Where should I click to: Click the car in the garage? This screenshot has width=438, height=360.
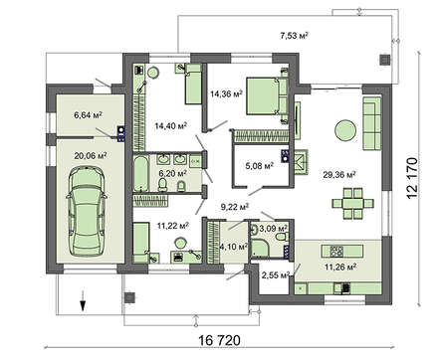[88, 211]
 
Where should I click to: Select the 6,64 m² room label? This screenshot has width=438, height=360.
[88, 115]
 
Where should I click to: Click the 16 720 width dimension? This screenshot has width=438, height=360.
[219, 340]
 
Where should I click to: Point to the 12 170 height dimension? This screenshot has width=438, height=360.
[412, 178]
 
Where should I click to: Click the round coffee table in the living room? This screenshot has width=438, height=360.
[345, 130]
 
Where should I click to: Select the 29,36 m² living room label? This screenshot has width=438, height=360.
[339, 174]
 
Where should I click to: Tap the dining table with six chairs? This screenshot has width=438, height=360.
[352, 203]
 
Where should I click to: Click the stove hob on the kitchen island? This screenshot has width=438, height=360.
[336, 251]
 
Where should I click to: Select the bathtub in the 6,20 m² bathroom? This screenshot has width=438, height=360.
[140, 173]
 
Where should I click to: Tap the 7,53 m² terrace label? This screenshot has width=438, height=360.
[295, 36]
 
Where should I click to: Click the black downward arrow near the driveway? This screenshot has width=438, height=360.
[83, 300]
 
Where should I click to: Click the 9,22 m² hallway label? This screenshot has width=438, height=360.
[235, 207]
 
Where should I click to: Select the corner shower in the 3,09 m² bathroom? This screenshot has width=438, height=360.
[259, 248]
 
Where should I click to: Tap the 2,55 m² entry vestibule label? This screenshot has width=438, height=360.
[276, 274]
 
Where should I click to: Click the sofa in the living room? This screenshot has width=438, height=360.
[372, 123]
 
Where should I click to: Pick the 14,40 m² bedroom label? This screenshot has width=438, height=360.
[171, 125]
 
